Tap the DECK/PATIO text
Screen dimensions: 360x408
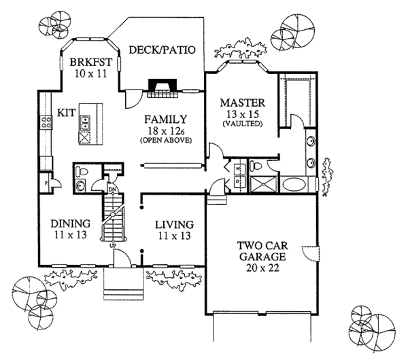click(x=163, y=50)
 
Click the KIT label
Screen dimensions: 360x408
click(x=66, y=112)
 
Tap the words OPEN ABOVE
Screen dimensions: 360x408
click(x=165, y=140)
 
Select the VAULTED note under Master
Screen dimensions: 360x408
click(x=242, y=124)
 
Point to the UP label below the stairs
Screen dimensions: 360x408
click(x=112, y=245)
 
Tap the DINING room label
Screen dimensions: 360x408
click(x=71, y=223)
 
